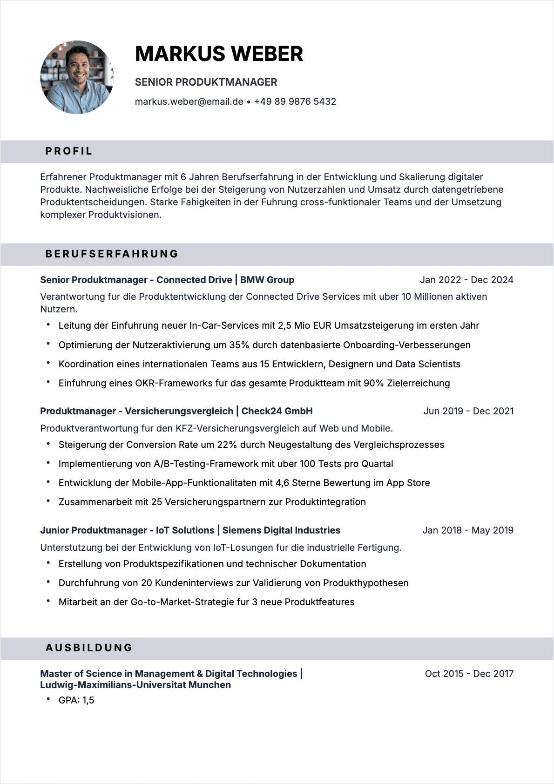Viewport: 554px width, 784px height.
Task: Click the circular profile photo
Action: pyautogui.click(x=77, y=77)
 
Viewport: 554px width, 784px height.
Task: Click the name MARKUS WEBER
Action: pyautogui.click(x=219, y=54)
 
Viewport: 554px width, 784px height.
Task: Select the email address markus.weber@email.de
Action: pyautogui.click(x=189, y=101)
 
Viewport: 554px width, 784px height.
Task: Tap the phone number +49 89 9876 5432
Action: pyautogui.click(x=295, y=101)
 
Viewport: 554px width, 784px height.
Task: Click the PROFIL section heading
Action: pyautogui.click(x=69, y=151)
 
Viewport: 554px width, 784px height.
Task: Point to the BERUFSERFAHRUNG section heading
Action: pyautogui.click(x=112, y=254)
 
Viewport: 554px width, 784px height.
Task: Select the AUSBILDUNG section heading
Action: pyautogui.click(x=89, y=648)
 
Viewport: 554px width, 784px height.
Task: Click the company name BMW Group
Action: pyautogui.click(x=267, y=280)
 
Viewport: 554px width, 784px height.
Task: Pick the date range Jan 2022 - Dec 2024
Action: pyautogui.click(x=466, y=280)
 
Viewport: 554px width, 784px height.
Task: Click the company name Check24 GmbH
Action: pyautogui.click(x=277, y=411)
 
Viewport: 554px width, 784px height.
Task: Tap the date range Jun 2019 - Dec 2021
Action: pyautogui.click(x=468, y=411)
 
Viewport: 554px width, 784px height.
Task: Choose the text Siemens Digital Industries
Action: pyautogui.click(x=281, y=530)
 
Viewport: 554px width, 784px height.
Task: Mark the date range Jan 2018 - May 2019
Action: pyautogui.click(x=468, y=530)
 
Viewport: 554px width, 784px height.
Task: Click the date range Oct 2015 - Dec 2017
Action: pyautogui.click(x=469, y=674)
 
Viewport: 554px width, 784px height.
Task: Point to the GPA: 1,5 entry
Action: pyautogui.click(x=76, y=700)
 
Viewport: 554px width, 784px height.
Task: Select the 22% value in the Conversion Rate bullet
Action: pyautogui.click(x=227, y=445)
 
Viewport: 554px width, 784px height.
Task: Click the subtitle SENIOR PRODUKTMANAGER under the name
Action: pyautogui.click(x=206, y=82)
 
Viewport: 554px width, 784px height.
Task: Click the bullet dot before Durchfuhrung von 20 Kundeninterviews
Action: pyautogui.click(x=48, y=582)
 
